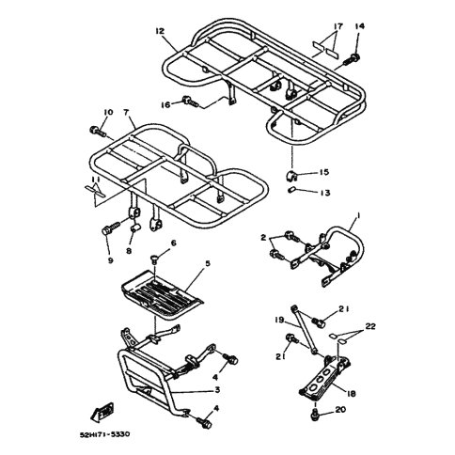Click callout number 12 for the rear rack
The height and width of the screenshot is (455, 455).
160,31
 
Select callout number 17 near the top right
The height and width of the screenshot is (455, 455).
338,26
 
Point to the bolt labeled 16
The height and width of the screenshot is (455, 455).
190,101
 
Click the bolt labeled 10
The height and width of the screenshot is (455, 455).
98,131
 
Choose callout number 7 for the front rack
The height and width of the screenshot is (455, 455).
126,112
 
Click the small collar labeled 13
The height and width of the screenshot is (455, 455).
291,190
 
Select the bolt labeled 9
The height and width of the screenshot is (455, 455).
111,228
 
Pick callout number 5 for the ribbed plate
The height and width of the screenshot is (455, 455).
208,263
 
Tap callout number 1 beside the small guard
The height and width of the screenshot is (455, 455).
358,216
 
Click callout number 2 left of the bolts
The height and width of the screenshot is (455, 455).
263,238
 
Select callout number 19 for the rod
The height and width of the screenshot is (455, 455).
279,321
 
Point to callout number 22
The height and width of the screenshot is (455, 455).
370,326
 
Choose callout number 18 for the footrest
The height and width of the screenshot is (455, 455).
352,394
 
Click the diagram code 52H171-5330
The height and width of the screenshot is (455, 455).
104,434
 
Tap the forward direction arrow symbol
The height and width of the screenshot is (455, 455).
102,412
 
